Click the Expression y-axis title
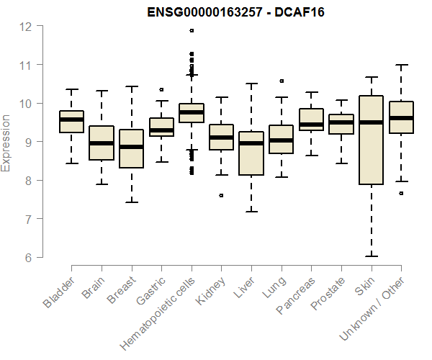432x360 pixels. point(6,143)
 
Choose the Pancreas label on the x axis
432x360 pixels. point(294,296)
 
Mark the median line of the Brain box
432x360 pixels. point(101,143)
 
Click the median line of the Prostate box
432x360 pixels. point(341,122)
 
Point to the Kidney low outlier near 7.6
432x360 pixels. point(221,195)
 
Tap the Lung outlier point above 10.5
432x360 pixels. point(281,81)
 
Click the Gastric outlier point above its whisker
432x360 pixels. point(161,90)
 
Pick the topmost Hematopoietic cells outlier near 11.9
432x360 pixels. point(191,30)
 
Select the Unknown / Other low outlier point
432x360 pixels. point(401,193)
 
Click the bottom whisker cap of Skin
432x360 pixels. point(371,256)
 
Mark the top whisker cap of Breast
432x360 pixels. point(131,86)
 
